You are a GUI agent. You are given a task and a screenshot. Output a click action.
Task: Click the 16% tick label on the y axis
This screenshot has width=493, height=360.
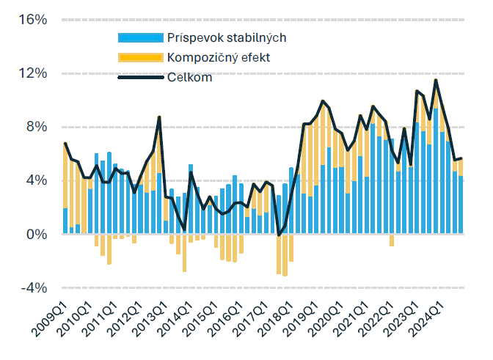[x=33, y=20]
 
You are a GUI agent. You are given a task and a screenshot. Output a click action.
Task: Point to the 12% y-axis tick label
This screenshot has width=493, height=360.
[x=33, y=73]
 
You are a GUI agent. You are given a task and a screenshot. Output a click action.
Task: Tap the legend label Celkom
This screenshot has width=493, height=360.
[x=189, y=78]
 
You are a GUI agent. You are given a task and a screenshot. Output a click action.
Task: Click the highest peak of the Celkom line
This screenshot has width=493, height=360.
[x=437, y=80]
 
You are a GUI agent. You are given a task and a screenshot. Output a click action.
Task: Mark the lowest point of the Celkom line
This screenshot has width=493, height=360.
[x=279, y=235]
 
